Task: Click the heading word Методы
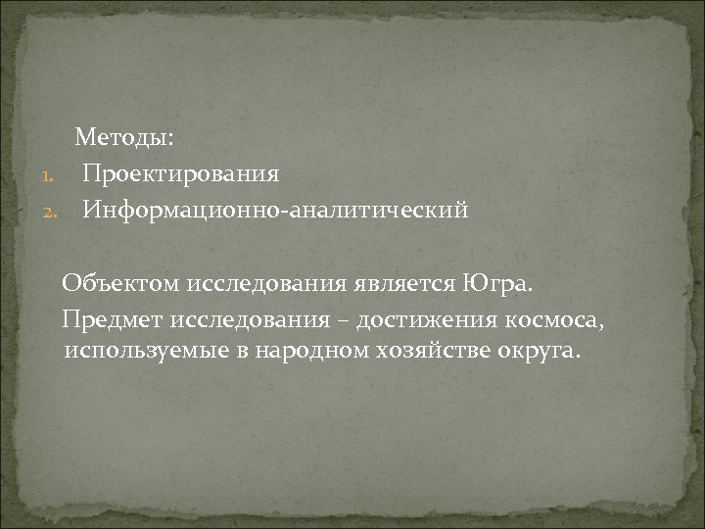[118, 138]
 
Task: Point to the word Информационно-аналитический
[275, 210]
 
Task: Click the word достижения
[419, 319]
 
